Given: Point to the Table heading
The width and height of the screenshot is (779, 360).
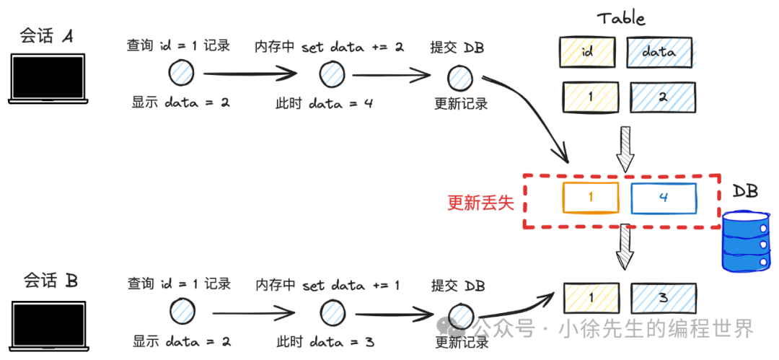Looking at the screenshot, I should point(621,19).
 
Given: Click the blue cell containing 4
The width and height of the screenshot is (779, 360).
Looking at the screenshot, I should point(664,198).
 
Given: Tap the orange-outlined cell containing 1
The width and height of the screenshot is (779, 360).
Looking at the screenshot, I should point(591,198).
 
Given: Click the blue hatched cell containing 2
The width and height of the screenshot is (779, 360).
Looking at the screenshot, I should point(663,97).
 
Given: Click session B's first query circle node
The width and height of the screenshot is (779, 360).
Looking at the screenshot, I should point(182,312).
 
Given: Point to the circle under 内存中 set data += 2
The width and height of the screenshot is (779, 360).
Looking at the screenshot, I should point(330,74).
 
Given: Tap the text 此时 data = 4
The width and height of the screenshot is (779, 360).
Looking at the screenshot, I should point(325,103).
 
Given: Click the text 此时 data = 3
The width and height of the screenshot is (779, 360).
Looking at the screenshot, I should point(325,341).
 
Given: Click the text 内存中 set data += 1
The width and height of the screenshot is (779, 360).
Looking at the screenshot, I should point(327,285).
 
